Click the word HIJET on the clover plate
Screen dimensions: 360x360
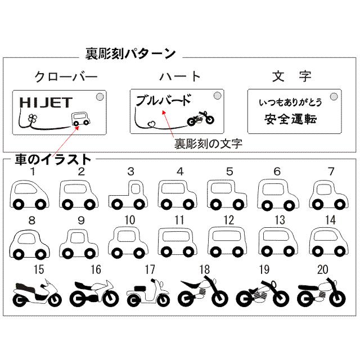[x=46, y=102]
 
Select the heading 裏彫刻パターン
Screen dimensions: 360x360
[x=130, y=54]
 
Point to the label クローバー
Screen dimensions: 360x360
[x=66, y=76]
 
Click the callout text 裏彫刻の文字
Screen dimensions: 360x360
[x=208, y=143]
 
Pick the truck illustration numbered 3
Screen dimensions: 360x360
[x=130, y=194]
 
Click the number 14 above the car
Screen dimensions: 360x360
[x=330, y=220]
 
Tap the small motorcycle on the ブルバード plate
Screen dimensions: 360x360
[x=201, y=118]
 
